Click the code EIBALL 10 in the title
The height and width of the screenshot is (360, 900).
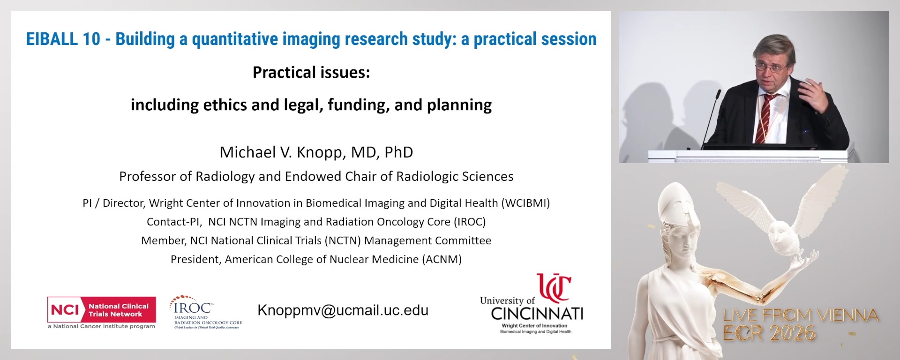click(63, 39)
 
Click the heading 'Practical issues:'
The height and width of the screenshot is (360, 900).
click(311, 72)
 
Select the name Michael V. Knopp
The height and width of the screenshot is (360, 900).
click(290, 152)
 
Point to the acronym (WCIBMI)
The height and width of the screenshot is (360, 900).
click(525, 203)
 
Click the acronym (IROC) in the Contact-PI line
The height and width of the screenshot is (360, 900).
click(469, 222)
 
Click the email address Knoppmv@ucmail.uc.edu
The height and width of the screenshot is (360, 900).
click(343, 310)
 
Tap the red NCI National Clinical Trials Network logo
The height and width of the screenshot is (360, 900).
click(101, 310)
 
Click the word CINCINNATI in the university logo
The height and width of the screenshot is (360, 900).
click(537, 314)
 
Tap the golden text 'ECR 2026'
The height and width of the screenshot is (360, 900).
click(769, 333)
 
